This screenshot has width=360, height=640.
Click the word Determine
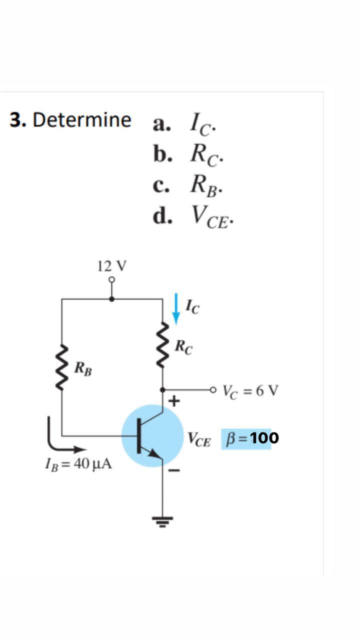click(82, 120)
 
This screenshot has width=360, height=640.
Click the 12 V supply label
click(112, 266)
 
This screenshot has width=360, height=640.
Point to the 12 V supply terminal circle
click(112, 279)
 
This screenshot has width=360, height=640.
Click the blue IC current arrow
click(175, 308)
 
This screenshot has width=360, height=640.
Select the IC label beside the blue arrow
click(192, 305)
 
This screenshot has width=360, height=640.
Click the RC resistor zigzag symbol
click(162, 345)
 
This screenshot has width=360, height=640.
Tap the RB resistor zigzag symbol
click(61, 367)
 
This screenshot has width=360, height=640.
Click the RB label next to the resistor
click(83, 369)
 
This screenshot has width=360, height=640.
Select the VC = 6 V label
click(250, 390)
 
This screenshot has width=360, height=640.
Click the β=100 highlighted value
click(250, 438)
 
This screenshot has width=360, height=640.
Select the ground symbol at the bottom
click(162, 521)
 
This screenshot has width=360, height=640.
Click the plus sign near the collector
click(174, 401)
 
